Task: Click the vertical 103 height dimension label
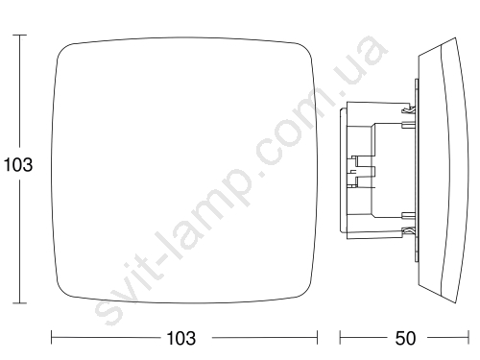(18, 165)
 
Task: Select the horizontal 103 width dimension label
(181, 338)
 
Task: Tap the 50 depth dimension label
(405, 338)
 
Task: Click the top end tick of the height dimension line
(20, 35)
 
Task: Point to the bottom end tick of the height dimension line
(20, 302)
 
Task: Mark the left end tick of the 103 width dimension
(52, 338)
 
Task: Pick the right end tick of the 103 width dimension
(317, 338)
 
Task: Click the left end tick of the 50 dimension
(340, 338)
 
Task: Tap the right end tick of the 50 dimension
(468, 338)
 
